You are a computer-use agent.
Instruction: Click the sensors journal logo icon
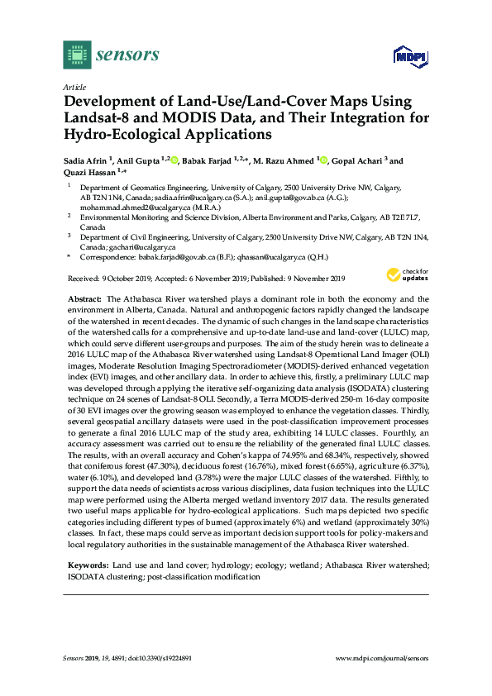click(76, 56)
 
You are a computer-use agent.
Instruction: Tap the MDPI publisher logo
click(408, 57)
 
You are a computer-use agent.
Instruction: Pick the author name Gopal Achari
click(361, 160)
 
